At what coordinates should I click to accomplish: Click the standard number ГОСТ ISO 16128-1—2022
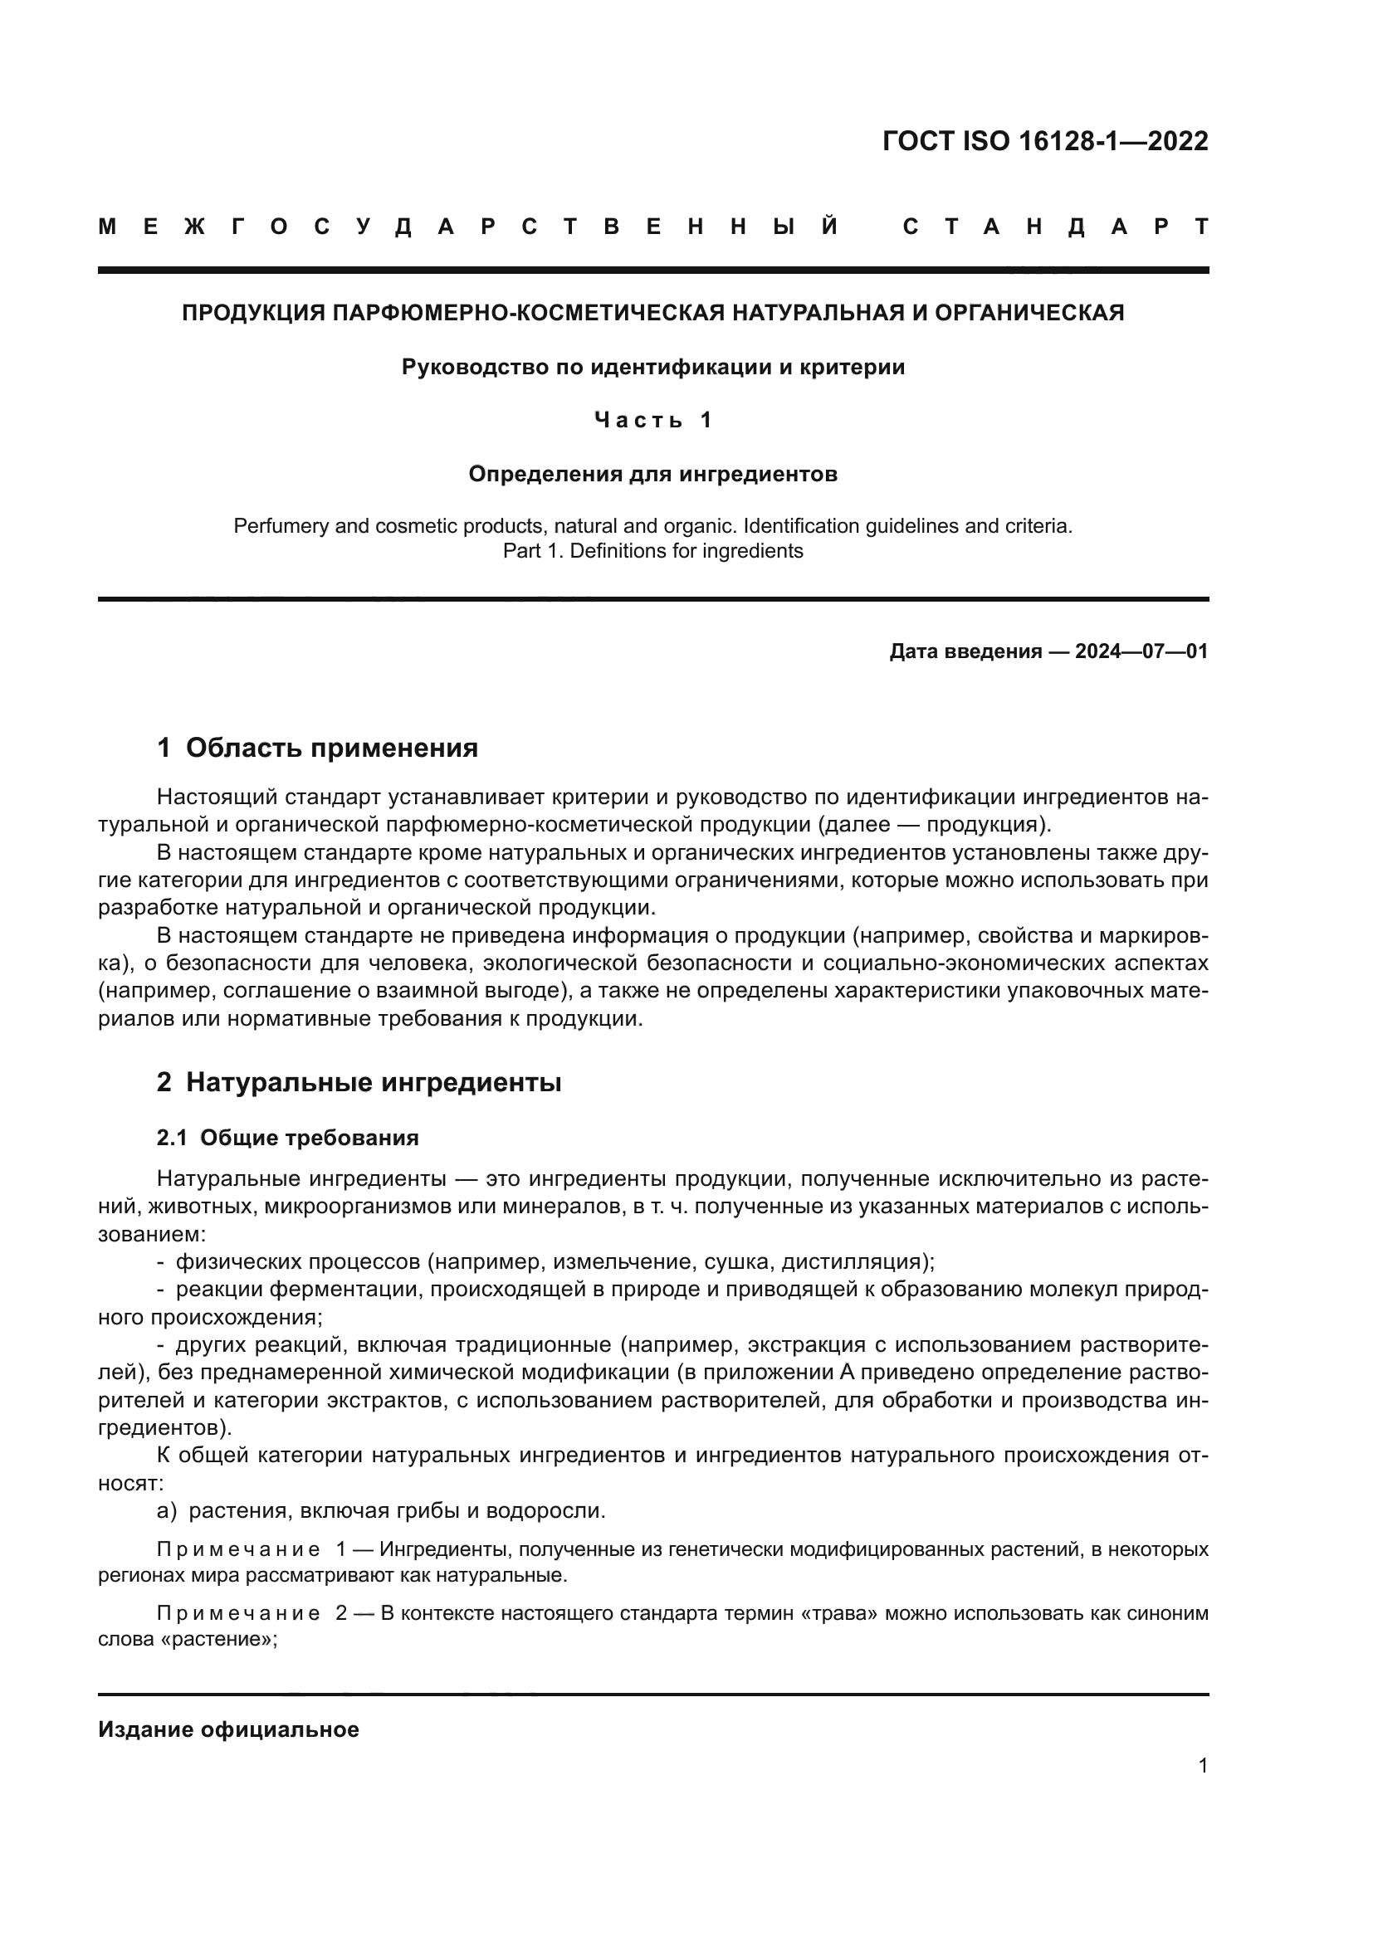tap(1045, 141)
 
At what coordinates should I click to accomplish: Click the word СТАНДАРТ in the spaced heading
tap(1055, 227)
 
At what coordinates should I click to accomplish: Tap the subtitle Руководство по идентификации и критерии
tap(652, 368)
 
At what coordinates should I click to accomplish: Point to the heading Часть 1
tap(652, 420)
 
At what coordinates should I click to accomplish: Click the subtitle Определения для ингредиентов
tap(652, 475)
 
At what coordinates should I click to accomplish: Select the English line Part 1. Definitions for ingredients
tap(652, 551)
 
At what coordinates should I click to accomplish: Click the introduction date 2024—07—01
tap(1141, 651)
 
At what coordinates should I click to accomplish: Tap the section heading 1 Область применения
tap(318, 749)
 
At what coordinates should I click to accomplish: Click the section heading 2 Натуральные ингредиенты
tap(359, 1083)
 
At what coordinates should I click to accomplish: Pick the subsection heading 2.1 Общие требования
tap(287, 1138)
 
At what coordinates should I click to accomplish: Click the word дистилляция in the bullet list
tap(854, 1262)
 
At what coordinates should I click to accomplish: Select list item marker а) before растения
tap(167, 1510)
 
